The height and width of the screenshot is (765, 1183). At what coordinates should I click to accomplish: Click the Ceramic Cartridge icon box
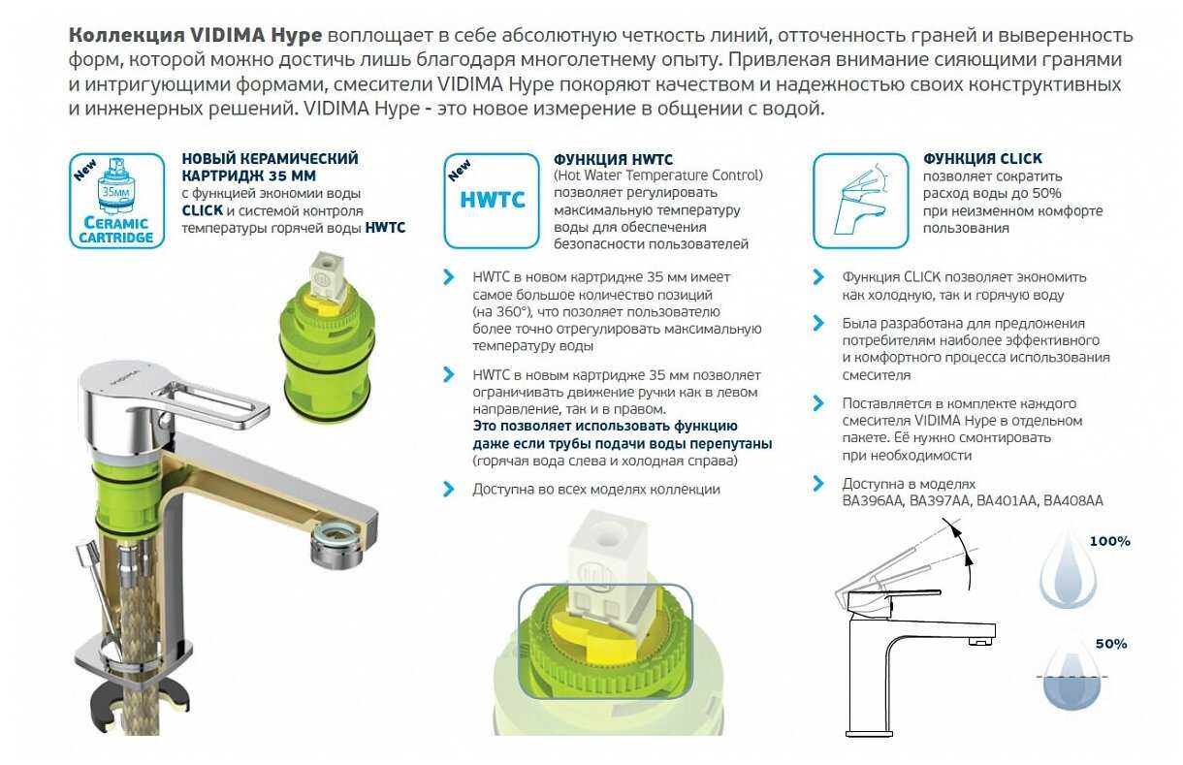(116, 201)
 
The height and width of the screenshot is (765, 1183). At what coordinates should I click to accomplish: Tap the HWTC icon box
(492, 201)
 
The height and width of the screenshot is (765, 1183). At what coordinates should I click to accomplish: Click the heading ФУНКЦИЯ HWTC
(613, 159)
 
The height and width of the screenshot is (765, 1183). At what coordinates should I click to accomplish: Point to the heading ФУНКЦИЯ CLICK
(982, 159)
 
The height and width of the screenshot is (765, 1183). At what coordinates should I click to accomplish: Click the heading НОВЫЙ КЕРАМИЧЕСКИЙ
(270, 159)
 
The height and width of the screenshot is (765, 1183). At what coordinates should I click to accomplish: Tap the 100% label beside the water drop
(1108, 541)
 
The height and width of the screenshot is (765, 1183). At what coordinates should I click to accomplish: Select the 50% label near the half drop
(1110, 644)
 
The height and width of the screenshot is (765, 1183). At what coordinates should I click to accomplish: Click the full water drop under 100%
(1068, 572)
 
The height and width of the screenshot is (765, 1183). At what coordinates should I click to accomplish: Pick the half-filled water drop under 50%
(1068, 684)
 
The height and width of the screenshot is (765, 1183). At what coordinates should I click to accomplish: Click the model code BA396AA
(876, 501)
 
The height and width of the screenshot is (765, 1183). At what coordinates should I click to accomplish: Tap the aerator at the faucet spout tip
(336, 549)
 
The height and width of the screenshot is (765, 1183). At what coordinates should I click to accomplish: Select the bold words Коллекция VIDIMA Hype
(196, 36)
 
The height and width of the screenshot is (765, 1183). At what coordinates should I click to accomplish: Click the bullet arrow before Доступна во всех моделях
(449, 490)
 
